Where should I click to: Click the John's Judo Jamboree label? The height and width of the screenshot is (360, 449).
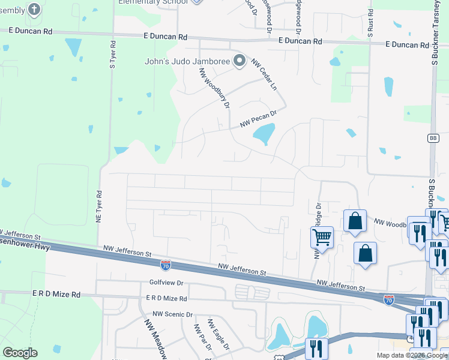187,61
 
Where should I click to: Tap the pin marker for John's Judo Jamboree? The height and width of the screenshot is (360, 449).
240,61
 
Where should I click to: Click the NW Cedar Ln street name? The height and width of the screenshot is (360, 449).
265,74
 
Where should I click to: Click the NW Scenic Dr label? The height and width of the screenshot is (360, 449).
172,314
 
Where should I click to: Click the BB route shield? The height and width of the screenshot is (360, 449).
433,138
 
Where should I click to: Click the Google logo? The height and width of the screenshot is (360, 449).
20,353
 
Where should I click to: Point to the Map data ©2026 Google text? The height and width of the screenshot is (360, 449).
411,355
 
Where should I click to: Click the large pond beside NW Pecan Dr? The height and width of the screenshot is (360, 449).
264,134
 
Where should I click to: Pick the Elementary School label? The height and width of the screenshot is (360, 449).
152,2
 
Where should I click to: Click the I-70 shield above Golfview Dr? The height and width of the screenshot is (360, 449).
166,265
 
